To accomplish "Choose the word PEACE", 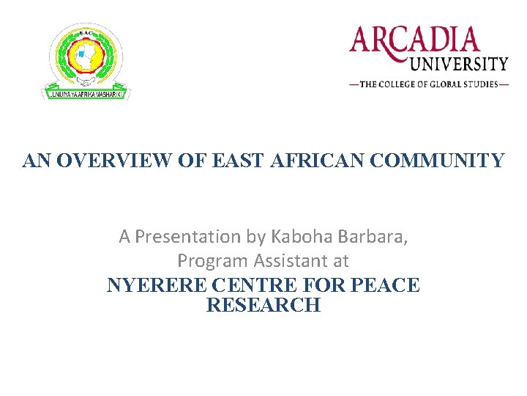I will click(384, 285).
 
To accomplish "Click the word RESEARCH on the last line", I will click(263, 305).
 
